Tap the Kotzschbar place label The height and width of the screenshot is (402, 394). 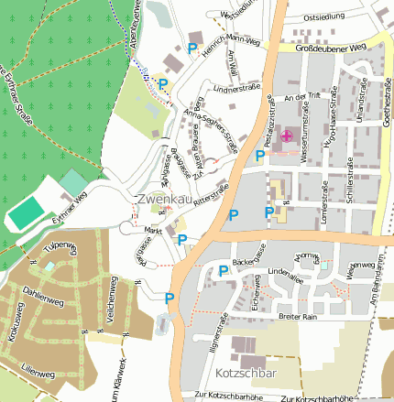click(x=248, y=374)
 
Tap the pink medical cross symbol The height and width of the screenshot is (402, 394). click(x=286, y=136)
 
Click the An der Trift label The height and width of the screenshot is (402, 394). click(x=305, y=96)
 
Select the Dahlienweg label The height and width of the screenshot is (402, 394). click(x=43, y=299)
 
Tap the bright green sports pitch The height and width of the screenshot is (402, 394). click(x=27, y=212)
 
